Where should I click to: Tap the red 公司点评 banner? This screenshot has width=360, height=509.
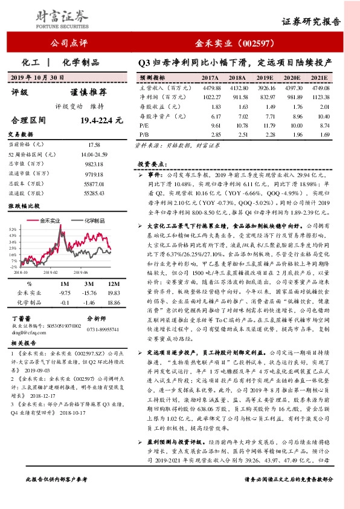[x=70, y=43]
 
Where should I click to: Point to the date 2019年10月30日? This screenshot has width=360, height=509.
[x=37, y=77]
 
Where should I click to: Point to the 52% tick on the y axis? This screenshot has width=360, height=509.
[x=13, y=230]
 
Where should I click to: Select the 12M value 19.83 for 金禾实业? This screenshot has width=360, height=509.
[x=114, y=292]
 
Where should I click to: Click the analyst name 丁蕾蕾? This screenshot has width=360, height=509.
[x=22, y=318]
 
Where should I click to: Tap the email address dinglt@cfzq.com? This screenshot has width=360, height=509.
[x=30, y=332]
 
